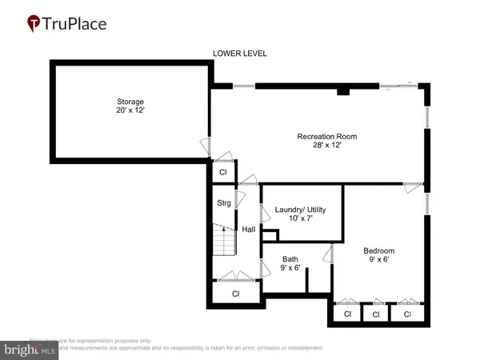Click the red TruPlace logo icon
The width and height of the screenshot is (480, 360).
[34, 23]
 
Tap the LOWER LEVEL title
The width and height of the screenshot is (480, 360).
[239, 54]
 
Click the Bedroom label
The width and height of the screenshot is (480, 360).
[378, 250]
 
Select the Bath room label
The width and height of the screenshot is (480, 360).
[290, 258]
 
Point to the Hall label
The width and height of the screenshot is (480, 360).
[249, 230]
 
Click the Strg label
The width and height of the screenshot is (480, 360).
[224, 203]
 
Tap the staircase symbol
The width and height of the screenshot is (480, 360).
[224, 238]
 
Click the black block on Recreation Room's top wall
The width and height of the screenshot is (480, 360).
[343, 91]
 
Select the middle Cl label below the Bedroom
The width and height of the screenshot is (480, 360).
[376, 314]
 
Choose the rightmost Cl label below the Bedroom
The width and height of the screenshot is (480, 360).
[407, 314]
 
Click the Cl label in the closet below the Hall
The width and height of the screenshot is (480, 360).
[236, 294]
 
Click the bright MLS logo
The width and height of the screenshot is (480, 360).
[30, 349]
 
